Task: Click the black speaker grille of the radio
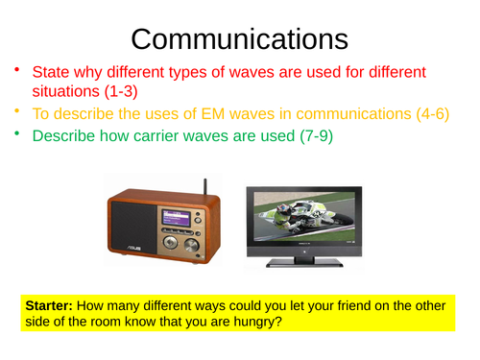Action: (x=132, y=228)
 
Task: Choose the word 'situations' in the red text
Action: (x=70, y=93)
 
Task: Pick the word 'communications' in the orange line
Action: (x=337, y=115)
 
